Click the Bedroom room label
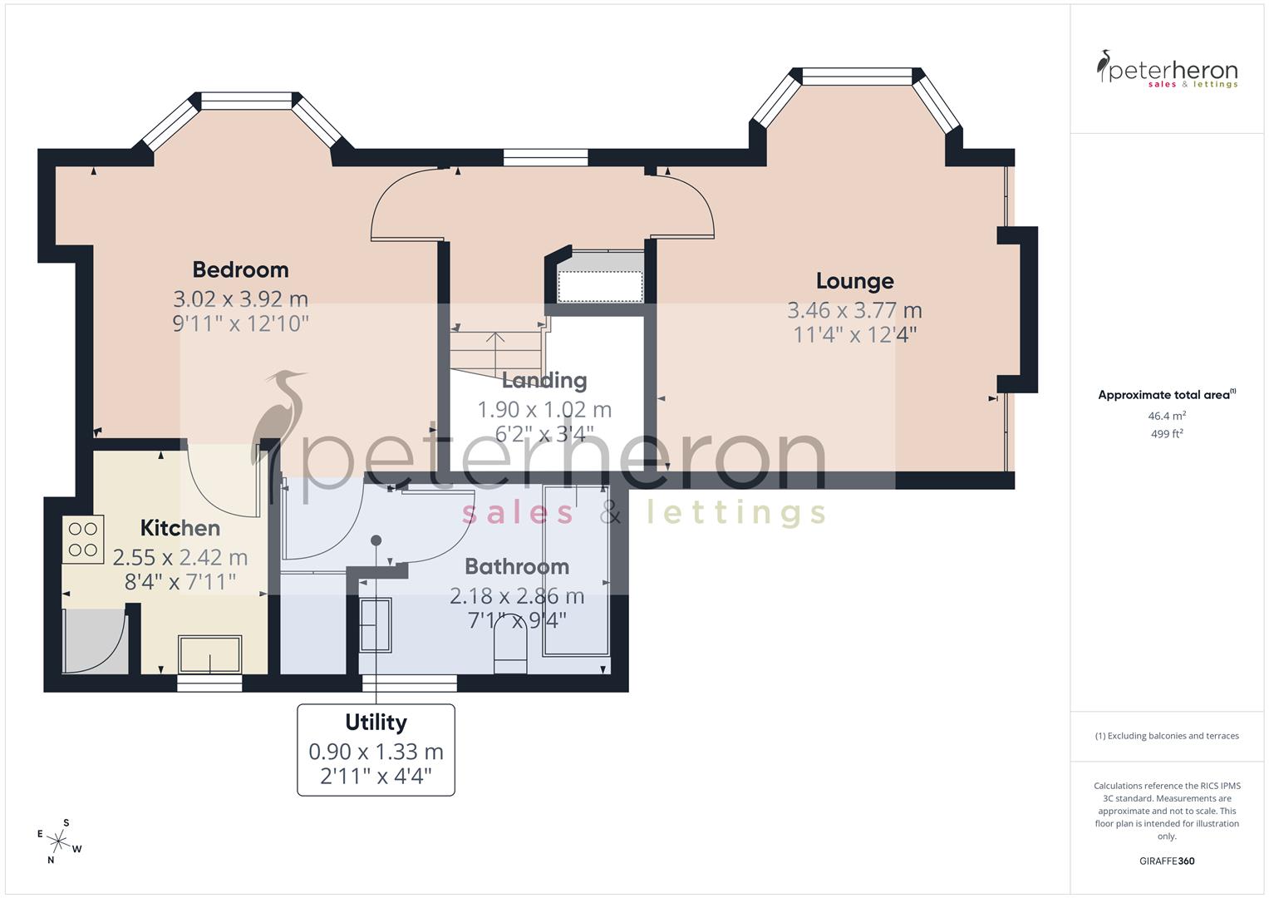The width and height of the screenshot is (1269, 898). (x=240, y=269)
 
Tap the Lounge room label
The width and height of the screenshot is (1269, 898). (x=854, y=281)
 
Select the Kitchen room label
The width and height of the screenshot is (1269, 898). (x=180, y=528)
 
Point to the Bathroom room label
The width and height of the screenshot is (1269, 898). (x=516, y=566)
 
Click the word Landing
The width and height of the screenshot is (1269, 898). (x=544, y=381)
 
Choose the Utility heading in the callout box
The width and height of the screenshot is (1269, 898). (x=376, y=722)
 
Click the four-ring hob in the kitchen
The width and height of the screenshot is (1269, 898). (x=83, y=538)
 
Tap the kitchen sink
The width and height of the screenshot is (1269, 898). (x=210, y=654)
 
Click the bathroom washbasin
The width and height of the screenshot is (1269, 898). (x=375, y=624)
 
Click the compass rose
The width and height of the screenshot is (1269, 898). (x=58, y=841)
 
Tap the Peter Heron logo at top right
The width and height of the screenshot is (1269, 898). (x=1167, y=70)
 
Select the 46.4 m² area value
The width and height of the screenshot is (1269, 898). (x=1167, y=416)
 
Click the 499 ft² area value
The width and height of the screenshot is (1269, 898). (x=1167, y=434)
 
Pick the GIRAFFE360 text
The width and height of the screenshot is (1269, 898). (x=1167, y=861)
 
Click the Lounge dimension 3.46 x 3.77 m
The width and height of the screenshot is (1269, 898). (x=854, y=310)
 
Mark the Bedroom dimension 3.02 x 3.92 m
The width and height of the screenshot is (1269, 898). (x=240, y=299)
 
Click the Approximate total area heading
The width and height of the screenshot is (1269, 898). (x=1165, y=395)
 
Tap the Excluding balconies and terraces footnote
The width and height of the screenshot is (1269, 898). (x=1167, y=736)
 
